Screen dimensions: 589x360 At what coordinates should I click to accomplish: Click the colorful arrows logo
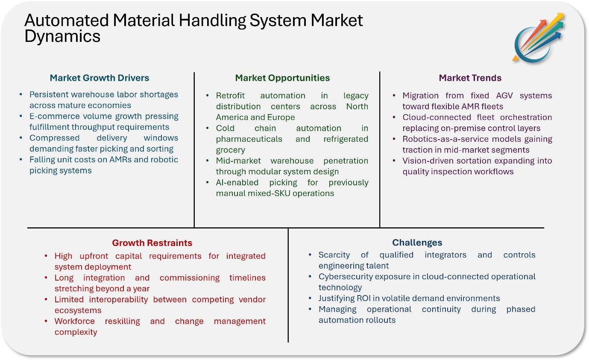coord(538,38)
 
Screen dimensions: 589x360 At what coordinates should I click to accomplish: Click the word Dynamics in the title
coord(62,36)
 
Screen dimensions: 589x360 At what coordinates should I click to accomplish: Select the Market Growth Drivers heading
coord(100,78)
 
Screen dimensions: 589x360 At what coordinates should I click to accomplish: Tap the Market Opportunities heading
coord(282,78)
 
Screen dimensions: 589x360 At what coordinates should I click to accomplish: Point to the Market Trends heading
coord(470,78)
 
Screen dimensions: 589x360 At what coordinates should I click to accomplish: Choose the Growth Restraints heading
coord(152,243)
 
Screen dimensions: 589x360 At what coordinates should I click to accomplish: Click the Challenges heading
coord(417,243)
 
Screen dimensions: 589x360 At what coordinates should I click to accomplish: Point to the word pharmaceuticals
coord(249,139)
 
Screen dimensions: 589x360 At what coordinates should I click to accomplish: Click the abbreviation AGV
coord(504,96)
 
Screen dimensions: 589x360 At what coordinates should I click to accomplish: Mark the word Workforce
coord(74,321)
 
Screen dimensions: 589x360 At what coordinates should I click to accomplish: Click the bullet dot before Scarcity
coord(310,255)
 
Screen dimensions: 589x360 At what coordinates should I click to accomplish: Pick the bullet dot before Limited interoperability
coord(46,299)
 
